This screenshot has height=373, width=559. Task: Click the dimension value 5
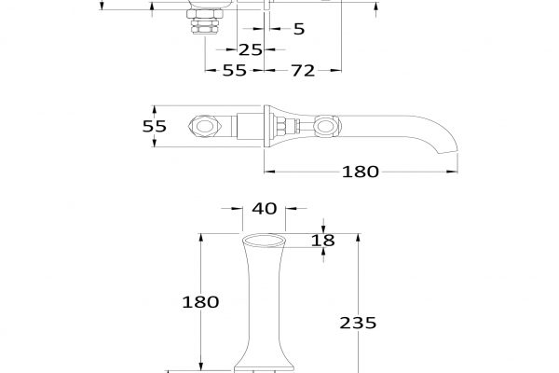(x=299, y=29)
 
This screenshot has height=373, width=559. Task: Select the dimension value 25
(x=251, y=49)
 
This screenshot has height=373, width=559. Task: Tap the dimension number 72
(x=303, y=70)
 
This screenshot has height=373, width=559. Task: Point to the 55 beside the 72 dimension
(x=234, y=70)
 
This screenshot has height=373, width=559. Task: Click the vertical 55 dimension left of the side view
(x=155, y=126)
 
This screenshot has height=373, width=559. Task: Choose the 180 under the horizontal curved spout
(x=360, y=172)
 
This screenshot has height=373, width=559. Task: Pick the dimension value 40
(x=265, y=209)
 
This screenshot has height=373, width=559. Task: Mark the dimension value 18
(x=323, y=241)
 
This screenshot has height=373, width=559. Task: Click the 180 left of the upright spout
(x=200, y=302)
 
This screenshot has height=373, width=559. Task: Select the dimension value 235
(x=358, y=323)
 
